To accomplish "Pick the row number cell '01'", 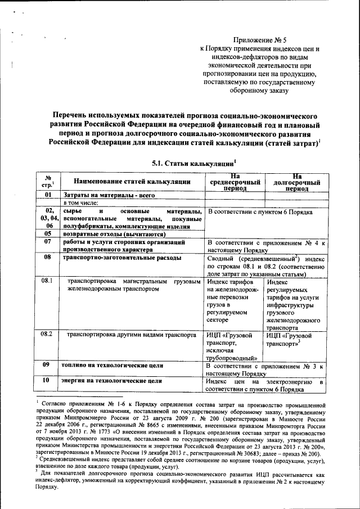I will point(48,195).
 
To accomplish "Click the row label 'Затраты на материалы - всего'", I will point(100,195).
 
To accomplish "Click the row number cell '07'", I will point(48,242).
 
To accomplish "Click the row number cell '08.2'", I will point(48,335).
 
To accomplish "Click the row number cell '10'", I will point(48,381).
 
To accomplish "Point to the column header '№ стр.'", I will point(48,182).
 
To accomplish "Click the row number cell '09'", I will point(48,365).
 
